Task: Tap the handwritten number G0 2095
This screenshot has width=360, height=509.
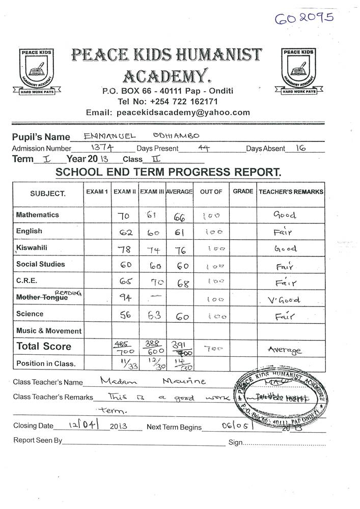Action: [x=304, y=19]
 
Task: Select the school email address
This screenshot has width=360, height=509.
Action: [x=168, y=112]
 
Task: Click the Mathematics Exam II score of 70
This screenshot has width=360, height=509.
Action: [x=124, y=216]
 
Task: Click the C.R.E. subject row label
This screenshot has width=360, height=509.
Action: [x=26, y=280]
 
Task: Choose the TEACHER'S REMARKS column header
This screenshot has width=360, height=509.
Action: [x=291, y=192]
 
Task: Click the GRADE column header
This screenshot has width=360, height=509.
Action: [x=243, y=191]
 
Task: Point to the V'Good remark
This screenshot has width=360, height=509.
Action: [x=284, y=299]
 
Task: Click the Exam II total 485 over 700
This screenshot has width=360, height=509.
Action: [x=124, y=347]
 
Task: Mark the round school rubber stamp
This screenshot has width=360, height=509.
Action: [x=281, y=398]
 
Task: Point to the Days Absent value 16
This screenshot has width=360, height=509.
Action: [x=300, y=148]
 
